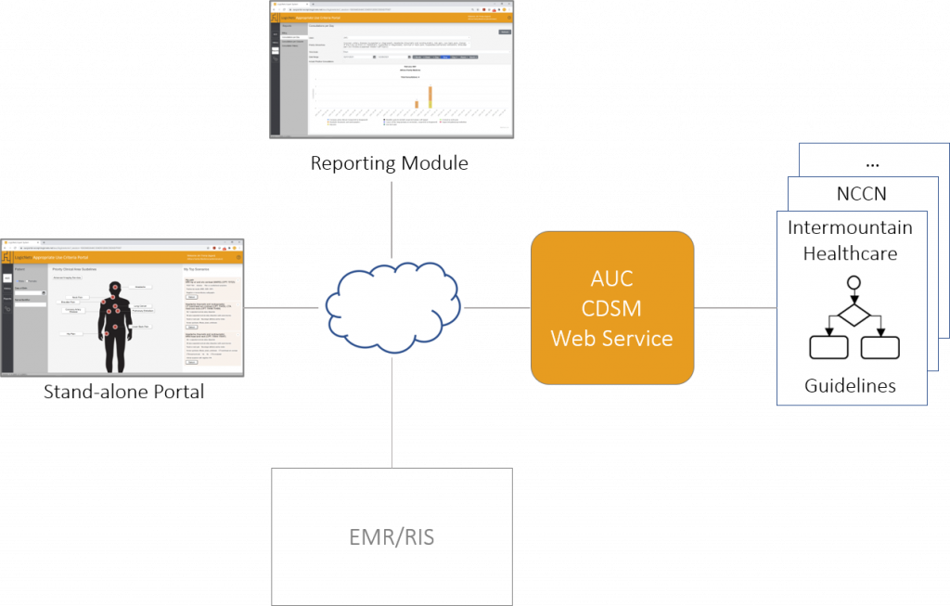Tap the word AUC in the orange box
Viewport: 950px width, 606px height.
[611, 278]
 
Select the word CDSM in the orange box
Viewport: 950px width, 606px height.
[611, 308]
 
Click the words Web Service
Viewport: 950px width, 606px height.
[611, 338]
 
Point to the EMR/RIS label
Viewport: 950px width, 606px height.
[392, 536]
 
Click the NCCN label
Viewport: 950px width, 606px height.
[860, 194]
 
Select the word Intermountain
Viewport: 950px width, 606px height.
[850, 227]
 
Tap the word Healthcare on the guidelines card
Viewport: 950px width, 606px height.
[850, 252]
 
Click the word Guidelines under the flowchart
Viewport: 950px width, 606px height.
[850, 385]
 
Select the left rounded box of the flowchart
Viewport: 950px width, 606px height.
[828, 346]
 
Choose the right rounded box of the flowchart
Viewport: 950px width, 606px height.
[879, 346]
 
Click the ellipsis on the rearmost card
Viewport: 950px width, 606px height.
[871, 162]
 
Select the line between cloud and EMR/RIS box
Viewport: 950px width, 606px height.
[392, 412]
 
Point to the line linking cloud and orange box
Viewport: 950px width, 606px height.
[497, 307]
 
